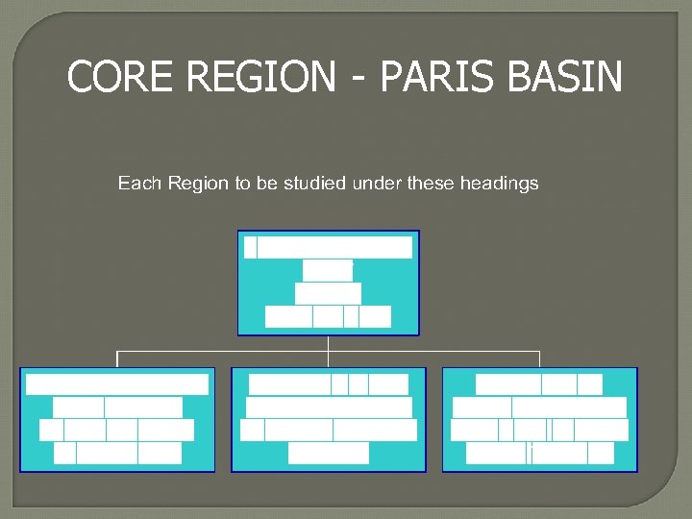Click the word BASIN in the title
point(564,78)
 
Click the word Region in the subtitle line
point(197,183)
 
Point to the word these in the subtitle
point(430,183)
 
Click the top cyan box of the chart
point(329,283)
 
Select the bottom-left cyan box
point(117,419)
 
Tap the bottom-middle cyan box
point(329,419)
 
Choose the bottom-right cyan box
point(540,419)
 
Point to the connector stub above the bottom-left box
point(117,359)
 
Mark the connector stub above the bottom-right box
point(540,359)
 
